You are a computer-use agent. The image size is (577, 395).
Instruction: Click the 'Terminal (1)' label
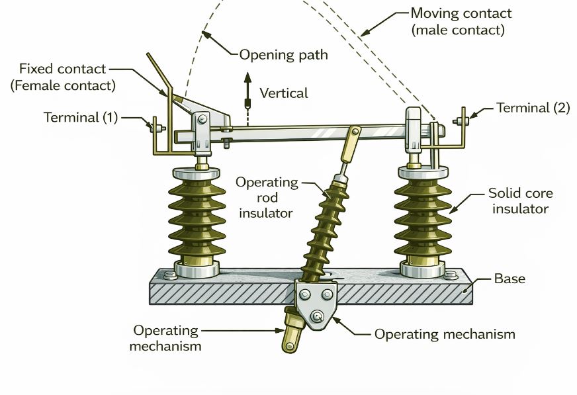80,118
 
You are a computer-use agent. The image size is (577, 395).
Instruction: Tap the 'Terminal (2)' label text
533,108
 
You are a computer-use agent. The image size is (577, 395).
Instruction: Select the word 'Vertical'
284,93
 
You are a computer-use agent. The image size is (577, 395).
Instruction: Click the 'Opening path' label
283,54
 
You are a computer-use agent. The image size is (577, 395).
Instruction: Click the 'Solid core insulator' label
519,201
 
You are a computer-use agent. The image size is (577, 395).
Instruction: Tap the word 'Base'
510,279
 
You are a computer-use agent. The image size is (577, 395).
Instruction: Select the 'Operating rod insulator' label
267,197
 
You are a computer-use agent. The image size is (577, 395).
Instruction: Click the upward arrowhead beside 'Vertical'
248,77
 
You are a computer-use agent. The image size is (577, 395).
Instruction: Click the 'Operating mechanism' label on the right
445,334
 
